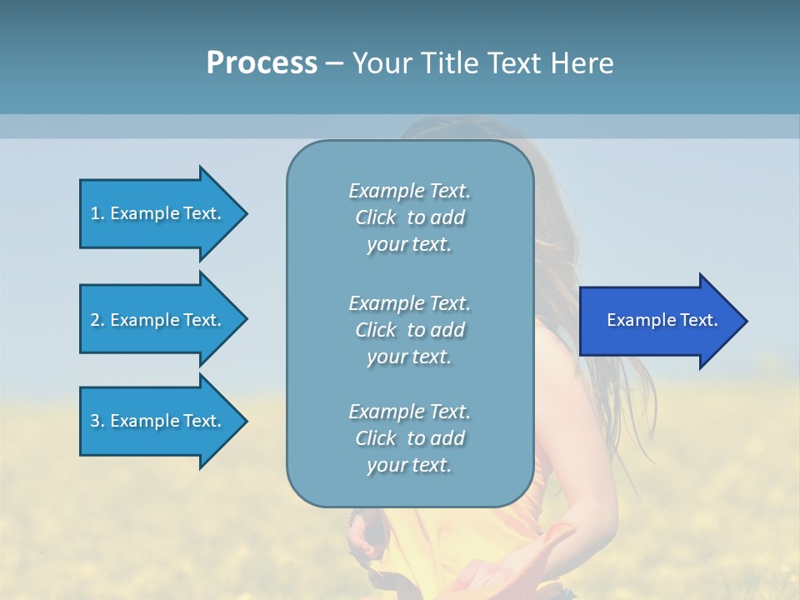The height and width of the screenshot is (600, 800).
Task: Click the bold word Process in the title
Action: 262,62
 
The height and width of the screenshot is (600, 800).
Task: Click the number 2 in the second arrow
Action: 95,320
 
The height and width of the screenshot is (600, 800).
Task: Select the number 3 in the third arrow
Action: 95,421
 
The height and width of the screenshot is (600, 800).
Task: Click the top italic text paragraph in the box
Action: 409,217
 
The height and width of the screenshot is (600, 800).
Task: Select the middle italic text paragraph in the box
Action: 409,330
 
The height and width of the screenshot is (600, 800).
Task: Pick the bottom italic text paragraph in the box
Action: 409,438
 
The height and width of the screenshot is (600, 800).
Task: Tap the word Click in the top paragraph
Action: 375,217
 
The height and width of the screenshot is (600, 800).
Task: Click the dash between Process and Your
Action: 334,63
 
